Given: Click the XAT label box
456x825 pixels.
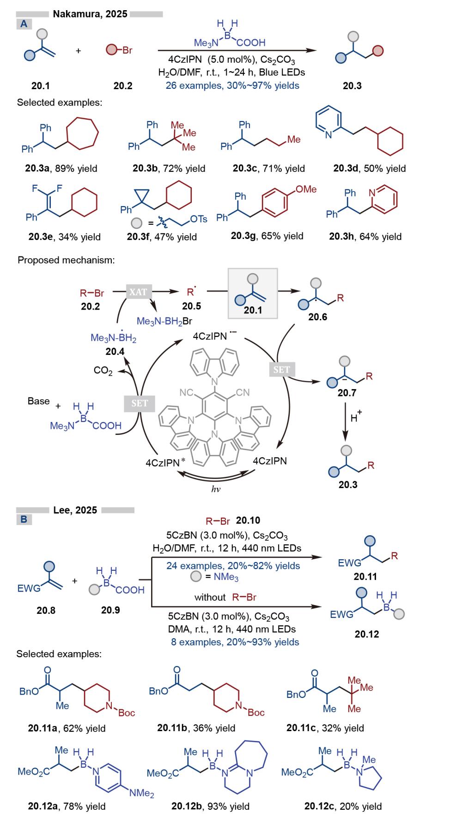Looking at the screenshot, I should (x=139, y=292).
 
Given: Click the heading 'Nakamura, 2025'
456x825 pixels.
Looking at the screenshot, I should (x=90, y=14).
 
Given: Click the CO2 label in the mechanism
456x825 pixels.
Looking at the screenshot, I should (x=103, y=371).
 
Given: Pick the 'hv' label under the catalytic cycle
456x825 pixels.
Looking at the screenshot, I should (x=216, y=489).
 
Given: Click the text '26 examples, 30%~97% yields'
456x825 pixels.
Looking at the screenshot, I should (x=232, y=86).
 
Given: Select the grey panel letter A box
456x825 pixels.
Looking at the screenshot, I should (x=24, y=24).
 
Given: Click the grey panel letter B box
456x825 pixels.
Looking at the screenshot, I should (x=24, y=519).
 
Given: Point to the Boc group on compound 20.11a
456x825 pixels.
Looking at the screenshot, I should (x=126, y=713).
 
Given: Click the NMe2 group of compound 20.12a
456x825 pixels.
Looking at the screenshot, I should (x=141, y=793).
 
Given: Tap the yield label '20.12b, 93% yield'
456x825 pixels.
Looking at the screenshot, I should (x=210, y=807).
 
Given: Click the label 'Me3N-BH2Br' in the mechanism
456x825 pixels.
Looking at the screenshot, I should (x=164, y=321).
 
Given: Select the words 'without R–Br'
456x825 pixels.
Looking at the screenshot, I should (x=225, y=597).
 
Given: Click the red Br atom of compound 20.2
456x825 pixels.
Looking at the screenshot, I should (x=127, y=50).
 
